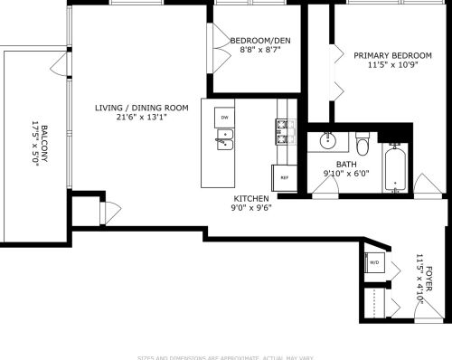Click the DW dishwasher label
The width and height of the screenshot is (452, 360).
(x=223, y=118)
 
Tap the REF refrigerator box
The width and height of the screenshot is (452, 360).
(x=284, y=177)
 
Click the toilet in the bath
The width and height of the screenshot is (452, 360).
(x=363, y=145)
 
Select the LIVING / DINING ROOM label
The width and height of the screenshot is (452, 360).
(x=142, y=108)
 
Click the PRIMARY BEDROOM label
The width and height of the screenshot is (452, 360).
(x=392, y=55)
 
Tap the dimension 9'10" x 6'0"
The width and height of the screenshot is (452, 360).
(x=342, y=173)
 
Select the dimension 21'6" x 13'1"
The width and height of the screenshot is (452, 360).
(x=142, y=118)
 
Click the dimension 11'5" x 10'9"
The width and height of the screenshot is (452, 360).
(x=392, y=65)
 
